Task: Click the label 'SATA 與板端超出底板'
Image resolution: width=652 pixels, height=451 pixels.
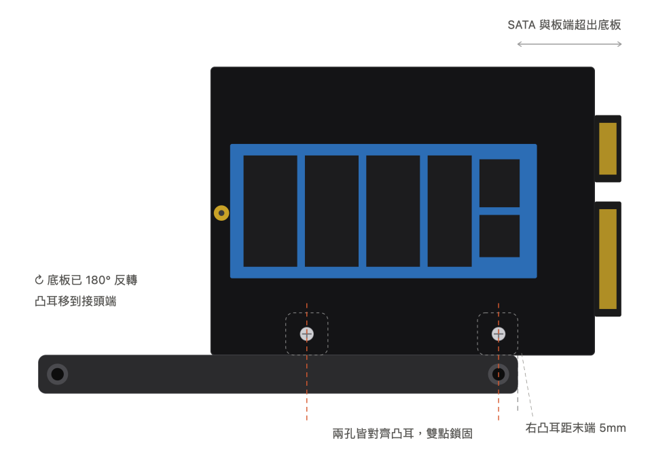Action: coord(564,25)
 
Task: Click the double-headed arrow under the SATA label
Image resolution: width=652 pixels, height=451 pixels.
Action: coord(569,44)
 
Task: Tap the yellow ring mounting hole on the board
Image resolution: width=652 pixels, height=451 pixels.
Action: coord(221,213)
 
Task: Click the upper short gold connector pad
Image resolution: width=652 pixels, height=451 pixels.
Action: coord(607,149)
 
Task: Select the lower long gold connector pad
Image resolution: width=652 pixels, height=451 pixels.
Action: coord(607,259)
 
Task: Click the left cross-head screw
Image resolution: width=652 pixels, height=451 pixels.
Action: coord(307,333)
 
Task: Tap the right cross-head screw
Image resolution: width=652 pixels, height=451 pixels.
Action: coord(499,333)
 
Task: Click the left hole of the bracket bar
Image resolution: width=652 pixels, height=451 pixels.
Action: coord(57,374)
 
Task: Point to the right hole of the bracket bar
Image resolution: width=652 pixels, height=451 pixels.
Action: coord(499,374)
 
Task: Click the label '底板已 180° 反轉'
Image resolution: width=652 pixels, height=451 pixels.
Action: coord(92,280)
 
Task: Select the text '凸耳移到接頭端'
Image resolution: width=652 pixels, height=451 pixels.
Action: coord(75,301)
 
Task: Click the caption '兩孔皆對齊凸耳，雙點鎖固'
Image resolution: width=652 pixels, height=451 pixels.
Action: coord(403,433)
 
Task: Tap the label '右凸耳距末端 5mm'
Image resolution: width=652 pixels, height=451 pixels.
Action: coord(575,428)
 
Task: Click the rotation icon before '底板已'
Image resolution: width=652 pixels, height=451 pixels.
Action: coord(39,280)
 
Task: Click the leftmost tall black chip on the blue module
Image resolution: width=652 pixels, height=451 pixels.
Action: coord(270,211)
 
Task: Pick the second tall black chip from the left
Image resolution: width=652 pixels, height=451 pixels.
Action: coord(332,211)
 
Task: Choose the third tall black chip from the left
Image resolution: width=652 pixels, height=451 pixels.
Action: coord(393,211)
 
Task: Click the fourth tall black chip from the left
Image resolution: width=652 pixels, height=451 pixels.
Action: coord(450,211)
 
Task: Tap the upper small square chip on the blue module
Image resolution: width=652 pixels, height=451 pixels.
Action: coord(499,183)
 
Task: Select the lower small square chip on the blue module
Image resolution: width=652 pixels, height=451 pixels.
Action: coord(499,236)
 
